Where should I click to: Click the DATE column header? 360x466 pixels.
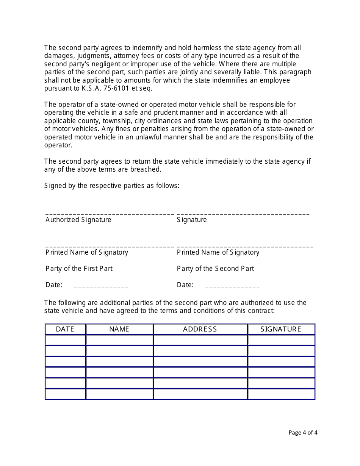click(65, 329)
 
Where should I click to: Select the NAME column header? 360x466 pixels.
click(119, 329)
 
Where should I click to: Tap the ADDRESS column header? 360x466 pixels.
click(200, 329)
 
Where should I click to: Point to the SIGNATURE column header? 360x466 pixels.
click(281, 329)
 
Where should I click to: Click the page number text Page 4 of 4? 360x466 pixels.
click(303, 432)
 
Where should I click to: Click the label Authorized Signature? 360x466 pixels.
click(78, 220)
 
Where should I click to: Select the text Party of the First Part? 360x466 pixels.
click(79, 269)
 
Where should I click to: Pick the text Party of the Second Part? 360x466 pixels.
click(215, 269)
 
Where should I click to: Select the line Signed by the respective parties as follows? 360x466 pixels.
click(112, 186)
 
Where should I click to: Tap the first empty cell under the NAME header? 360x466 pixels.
click(119, 340)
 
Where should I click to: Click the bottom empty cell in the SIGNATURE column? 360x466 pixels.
click(281, 394)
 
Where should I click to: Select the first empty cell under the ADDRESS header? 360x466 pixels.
click(200, 340)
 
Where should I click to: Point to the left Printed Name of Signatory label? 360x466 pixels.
click(87, 252)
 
